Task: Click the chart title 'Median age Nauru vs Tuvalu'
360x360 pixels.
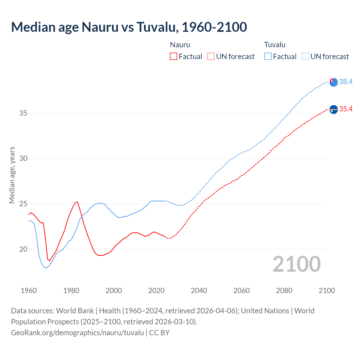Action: tap(129, 27)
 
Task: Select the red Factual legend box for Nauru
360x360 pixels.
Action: tap(174, 56)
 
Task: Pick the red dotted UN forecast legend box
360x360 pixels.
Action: tap(211, 56)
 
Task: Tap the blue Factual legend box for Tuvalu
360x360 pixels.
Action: tap(268, 56)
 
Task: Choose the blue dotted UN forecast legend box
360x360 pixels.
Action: tap(305, 56)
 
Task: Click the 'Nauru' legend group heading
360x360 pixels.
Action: tap(180, 45)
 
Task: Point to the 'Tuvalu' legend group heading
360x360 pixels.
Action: tap(274, 45)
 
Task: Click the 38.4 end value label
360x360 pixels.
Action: tap(346, 82)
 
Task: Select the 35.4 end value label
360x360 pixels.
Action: tap(346, 109)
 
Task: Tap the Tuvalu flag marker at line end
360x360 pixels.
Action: tap(334, 82)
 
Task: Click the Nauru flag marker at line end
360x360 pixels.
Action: tap(334, 109)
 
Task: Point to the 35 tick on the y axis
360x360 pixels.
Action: tap(23, 113)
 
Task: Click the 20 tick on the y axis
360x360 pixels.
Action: tap(23, 249)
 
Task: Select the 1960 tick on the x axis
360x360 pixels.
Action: tap(29, 291)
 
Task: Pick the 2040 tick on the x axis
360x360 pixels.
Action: tap(199, 291)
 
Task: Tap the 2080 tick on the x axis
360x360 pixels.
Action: tap(284, 291)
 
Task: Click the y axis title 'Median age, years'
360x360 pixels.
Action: tap(12, 175)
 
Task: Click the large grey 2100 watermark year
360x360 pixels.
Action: tap(296, 264)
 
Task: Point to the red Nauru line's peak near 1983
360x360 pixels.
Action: tap(77, 202)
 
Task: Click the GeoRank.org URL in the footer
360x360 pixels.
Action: tap(77, 332)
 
